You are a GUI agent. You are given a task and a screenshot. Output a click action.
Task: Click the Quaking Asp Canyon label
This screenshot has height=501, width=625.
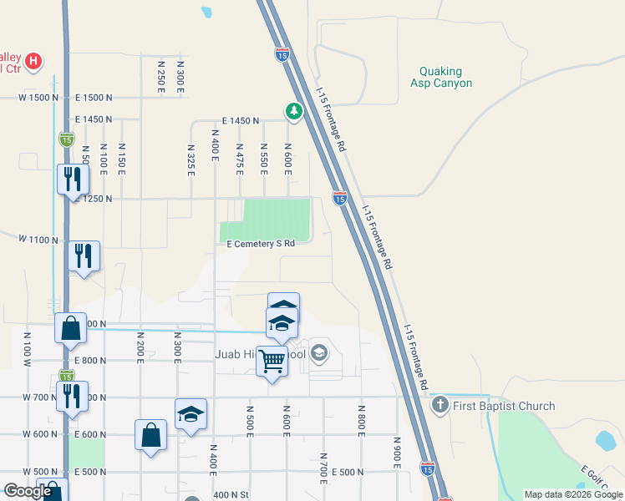pos(441,78)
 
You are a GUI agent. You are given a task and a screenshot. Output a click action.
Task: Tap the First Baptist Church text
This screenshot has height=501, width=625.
pos(504,407)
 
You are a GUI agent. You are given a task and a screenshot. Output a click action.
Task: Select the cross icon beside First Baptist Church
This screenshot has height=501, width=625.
pos(440,407)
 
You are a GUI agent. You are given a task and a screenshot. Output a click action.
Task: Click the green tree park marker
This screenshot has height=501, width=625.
pos(293,110)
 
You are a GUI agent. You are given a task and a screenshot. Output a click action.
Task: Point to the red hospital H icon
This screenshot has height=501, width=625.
pos(33,61)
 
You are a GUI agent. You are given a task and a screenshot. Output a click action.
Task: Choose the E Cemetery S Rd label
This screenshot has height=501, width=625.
pos(262,244)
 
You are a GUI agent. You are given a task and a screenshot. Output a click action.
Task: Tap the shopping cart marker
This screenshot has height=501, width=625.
pos(272,362)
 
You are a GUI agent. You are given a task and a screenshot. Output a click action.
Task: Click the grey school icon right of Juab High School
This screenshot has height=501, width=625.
pos(318,354)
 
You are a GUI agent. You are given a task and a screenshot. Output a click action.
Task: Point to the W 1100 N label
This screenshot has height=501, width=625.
pos(39,239)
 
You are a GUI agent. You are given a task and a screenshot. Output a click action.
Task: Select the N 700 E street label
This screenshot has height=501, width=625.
pos(323,469)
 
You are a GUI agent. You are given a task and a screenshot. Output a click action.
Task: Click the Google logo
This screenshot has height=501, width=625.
pos(28,492)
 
